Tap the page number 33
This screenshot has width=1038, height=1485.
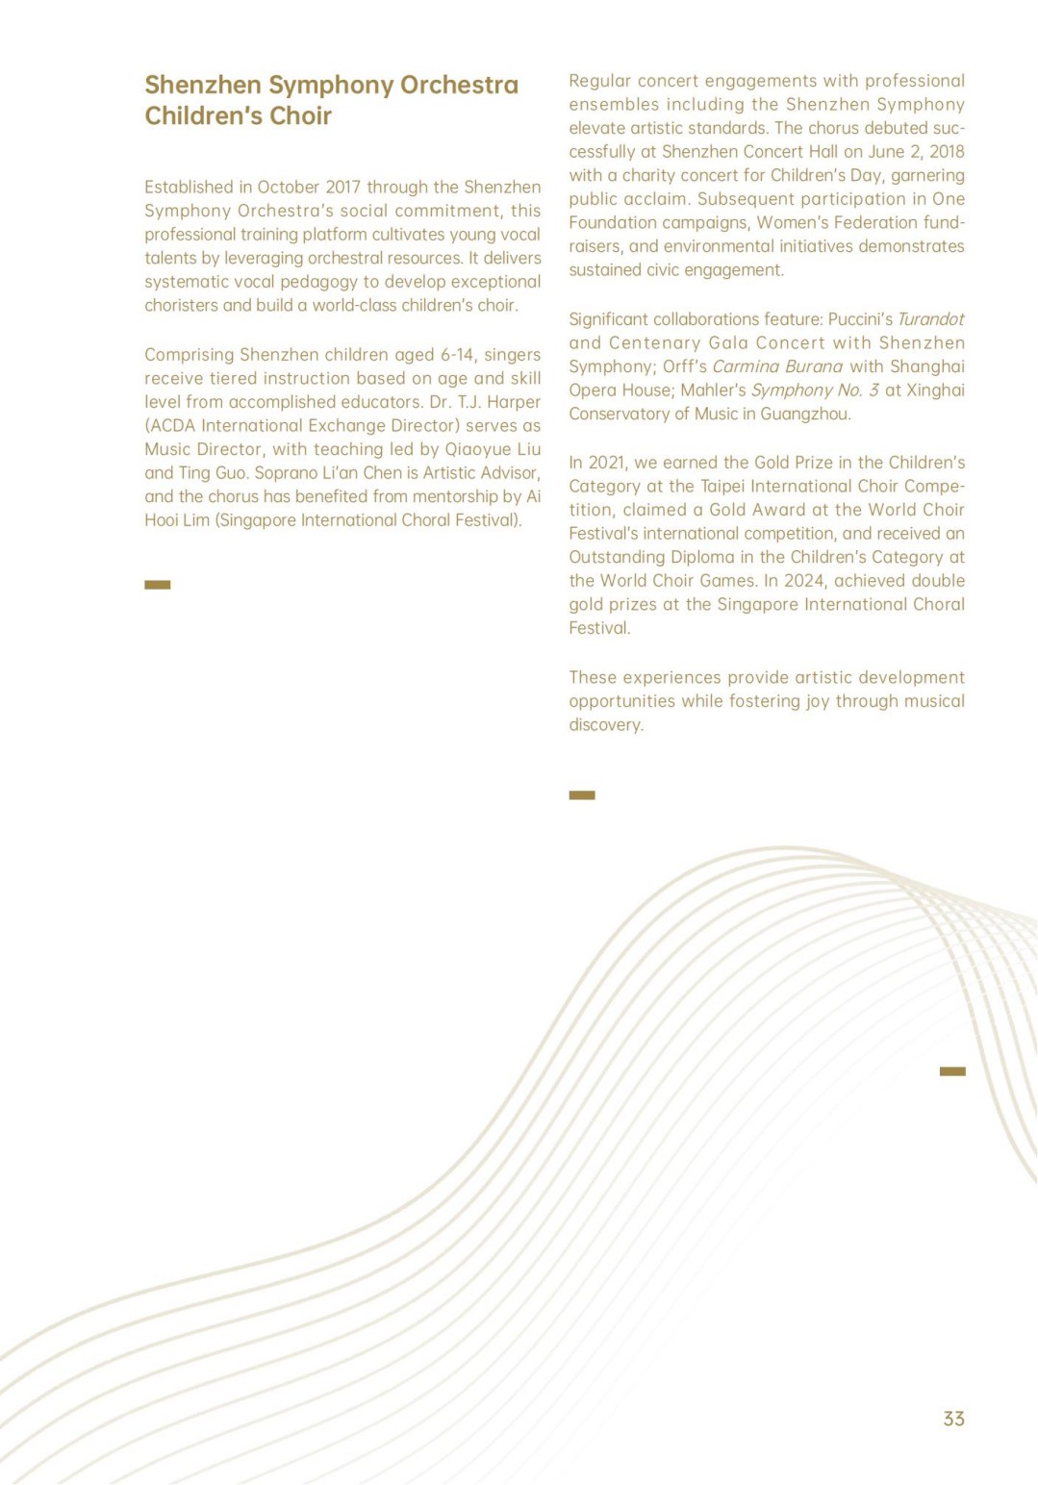tap(953, 1419)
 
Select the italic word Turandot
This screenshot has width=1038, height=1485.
tap(930, 319)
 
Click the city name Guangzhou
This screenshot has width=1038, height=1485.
tap(805, 415)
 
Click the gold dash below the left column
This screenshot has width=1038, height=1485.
tap(158, 585)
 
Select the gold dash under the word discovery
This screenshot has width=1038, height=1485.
tap(582, 795)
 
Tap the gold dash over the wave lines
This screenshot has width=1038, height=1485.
tap(952, 1071)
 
